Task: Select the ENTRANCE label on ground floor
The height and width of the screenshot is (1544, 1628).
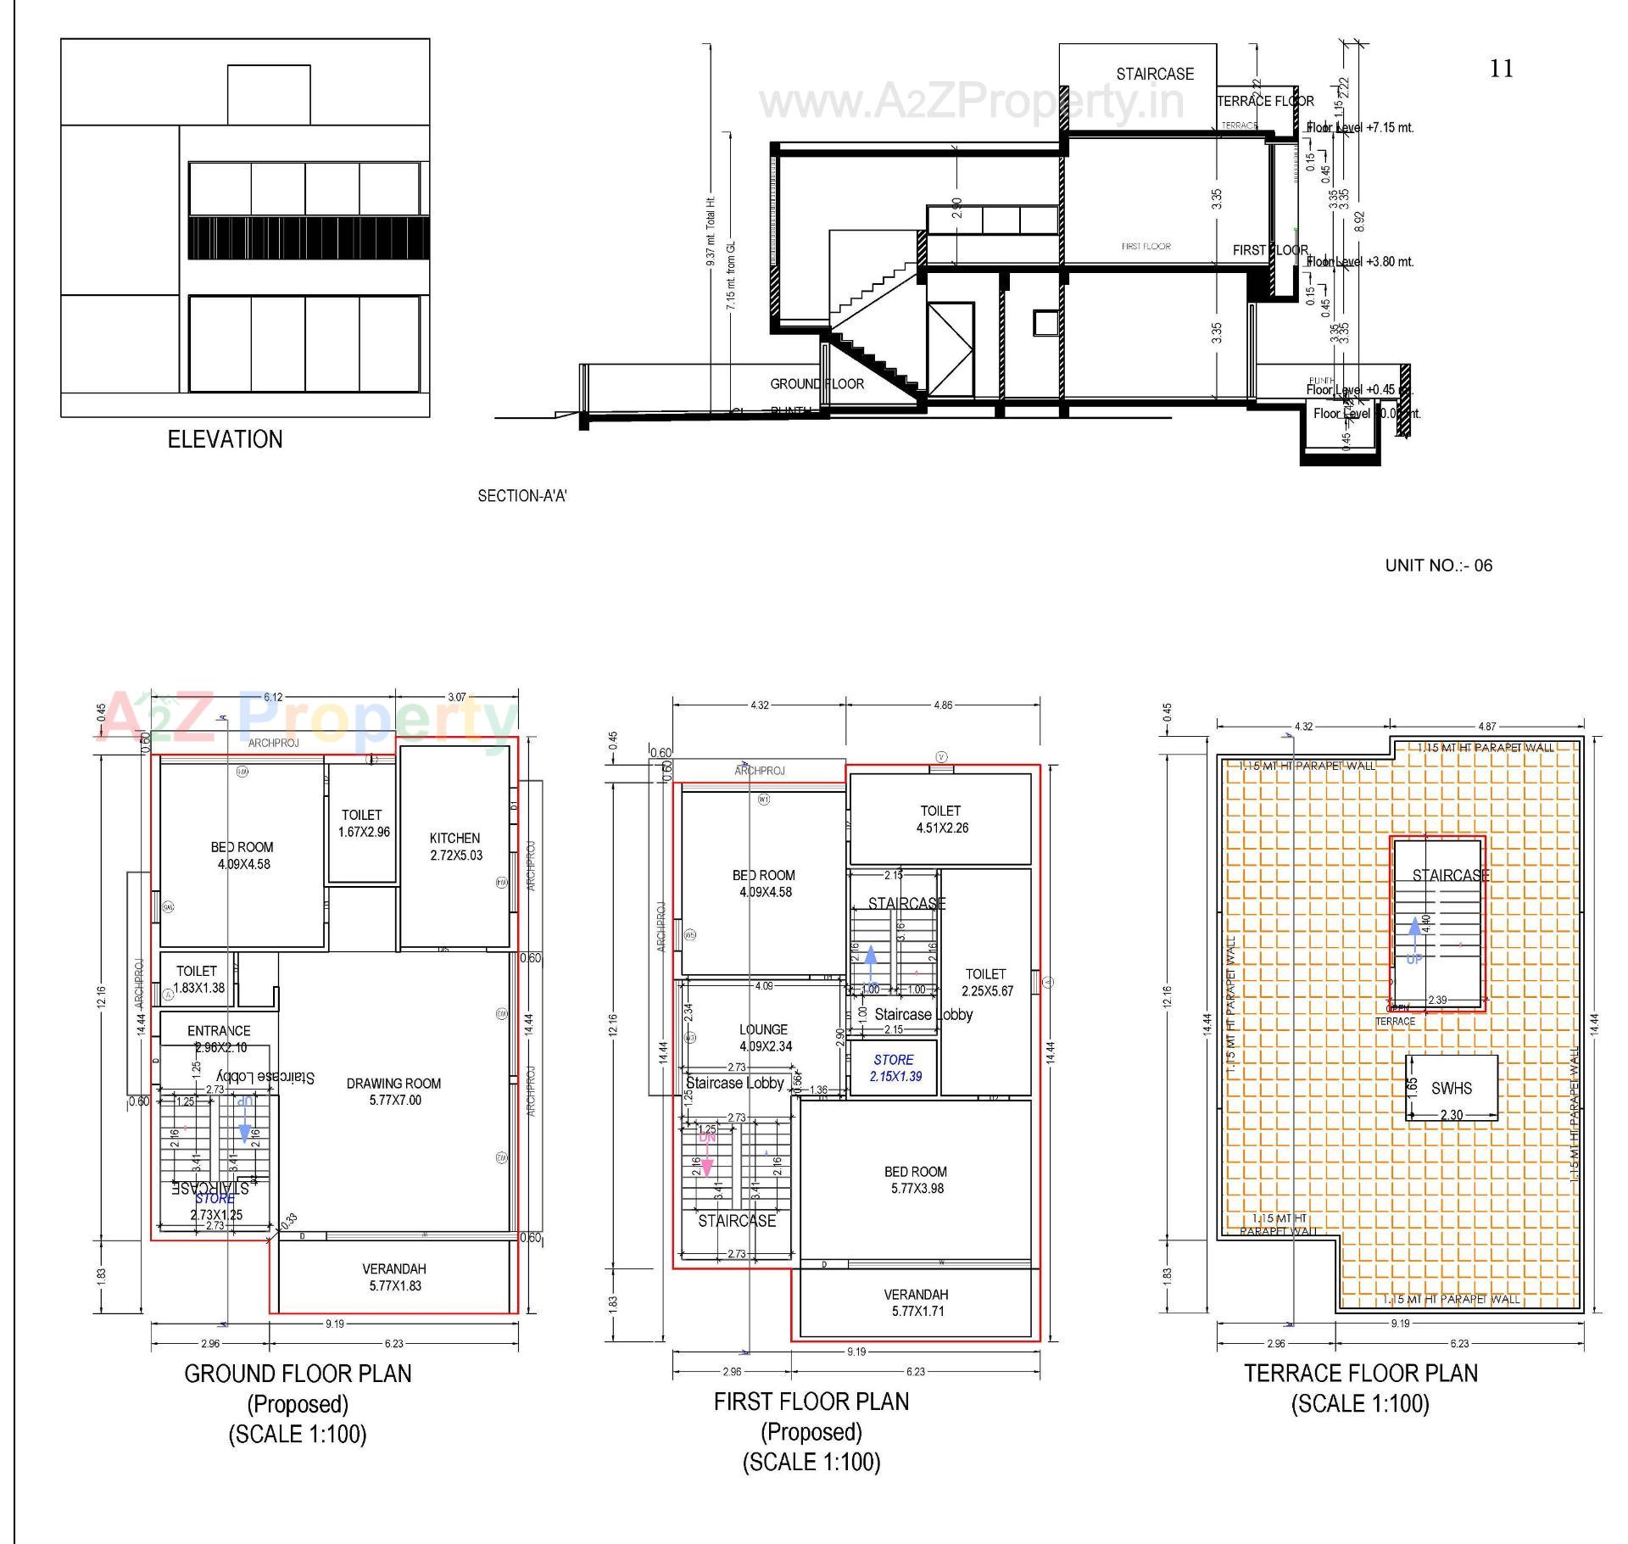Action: coord(219,1031)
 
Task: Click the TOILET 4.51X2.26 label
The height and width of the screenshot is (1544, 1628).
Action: coord(941,819)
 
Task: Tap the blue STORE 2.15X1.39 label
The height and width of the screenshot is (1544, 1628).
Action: coord(895,1067)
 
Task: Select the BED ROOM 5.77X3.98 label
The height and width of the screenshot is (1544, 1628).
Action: coord(916,1179)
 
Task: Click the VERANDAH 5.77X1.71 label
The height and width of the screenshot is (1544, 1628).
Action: coord(916,1302)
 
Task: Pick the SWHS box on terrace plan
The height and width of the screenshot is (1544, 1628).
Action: coord(1452,1089)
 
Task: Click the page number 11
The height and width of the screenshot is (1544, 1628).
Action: coord(1501,69)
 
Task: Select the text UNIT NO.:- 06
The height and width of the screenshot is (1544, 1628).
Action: coord(1438,566)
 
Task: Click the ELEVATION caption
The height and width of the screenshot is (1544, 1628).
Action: coord(225,439)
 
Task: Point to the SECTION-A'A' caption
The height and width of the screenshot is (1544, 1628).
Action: coord(521,496)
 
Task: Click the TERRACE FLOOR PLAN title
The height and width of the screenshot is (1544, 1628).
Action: coord(1360,1373)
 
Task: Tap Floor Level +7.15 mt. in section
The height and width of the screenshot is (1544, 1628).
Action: coord(1360,127)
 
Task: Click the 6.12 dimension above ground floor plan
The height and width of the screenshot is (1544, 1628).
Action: coord(273,698)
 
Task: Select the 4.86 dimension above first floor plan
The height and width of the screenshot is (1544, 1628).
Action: coord(943,705)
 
